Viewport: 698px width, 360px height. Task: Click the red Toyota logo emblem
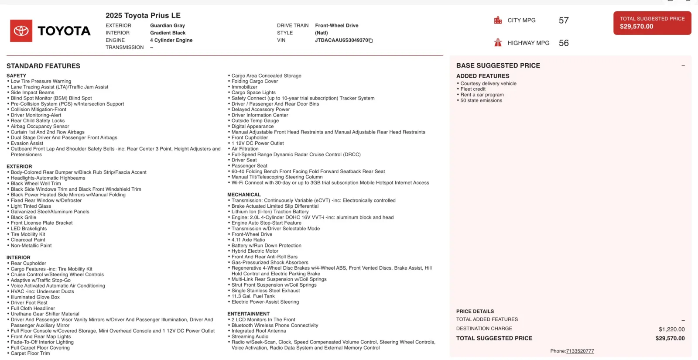21,31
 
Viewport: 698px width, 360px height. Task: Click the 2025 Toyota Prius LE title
143,15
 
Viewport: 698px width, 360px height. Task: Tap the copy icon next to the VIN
371,41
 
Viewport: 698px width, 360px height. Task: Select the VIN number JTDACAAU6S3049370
342,40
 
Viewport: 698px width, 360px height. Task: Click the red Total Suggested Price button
652,23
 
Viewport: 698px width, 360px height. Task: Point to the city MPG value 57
564,21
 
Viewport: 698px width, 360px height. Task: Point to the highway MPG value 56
564,43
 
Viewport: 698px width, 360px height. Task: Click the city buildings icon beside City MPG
498,20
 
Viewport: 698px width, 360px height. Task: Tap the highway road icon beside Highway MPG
498,42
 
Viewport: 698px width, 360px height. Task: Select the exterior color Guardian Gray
168,25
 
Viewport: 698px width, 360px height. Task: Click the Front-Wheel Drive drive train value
337,25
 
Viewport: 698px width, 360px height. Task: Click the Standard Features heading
43,66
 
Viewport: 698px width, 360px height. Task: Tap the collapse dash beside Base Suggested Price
683,65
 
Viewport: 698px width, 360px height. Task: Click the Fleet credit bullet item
473,89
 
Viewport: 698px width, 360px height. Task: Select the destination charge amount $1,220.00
671,329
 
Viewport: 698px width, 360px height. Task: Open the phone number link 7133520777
580,351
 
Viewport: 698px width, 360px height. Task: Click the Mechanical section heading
244,195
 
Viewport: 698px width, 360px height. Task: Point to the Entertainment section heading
248,314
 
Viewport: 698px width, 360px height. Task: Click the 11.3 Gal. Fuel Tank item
253,296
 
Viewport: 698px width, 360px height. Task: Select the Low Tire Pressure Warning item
41,81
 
